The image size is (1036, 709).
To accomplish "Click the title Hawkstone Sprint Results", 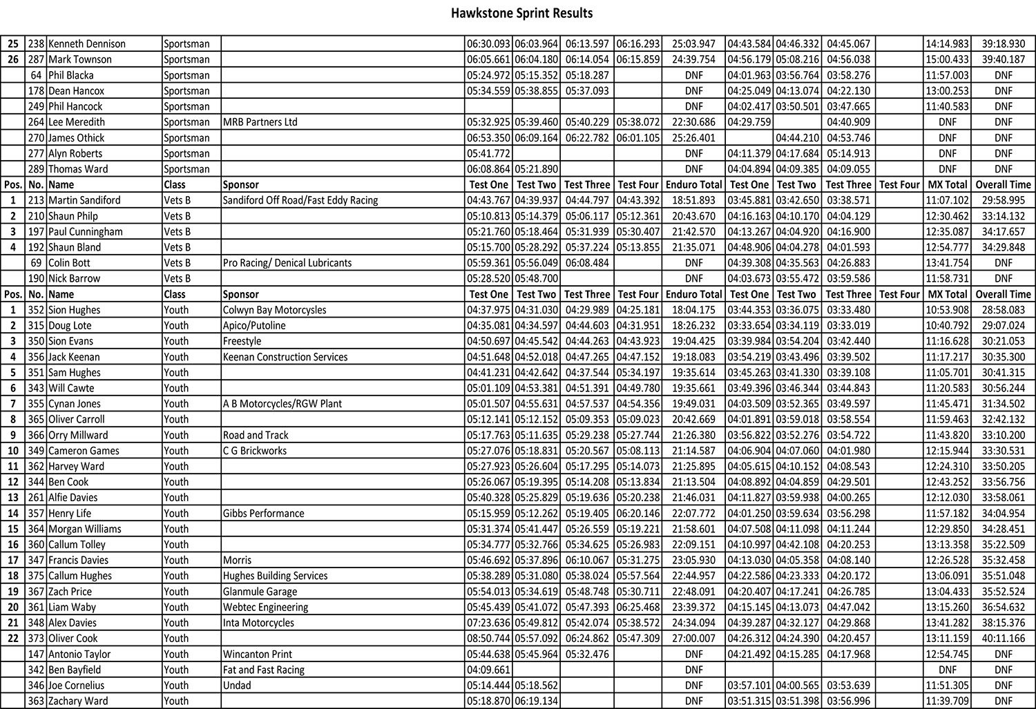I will (521, 13).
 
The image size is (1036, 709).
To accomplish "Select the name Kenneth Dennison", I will (87, 43).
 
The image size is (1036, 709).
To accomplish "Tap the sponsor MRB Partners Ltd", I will (260, 122).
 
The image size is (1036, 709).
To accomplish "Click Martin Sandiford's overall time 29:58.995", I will (1003, 200).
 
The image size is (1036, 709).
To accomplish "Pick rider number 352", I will (37, 310).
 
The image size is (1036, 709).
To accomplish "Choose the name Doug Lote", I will (70, 325).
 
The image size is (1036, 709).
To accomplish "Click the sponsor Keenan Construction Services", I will (285, 357).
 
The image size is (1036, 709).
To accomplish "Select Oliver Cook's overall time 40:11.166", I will (1003, 639).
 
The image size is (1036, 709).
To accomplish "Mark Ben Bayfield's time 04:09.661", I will (488, 670).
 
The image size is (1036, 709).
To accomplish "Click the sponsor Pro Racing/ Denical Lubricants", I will (287, 263).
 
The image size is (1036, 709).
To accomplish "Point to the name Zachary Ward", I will (78, 701).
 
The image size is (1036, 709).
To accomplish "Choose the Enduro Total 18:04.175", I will (693, 310).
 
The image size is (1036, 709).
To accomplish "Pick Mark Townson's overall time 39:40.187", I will (1003, 59).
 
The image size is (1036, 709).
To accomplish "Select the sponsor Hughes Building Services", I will (275, 576).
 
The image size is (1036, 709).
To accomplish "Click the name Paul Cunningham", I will (86, 232).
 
